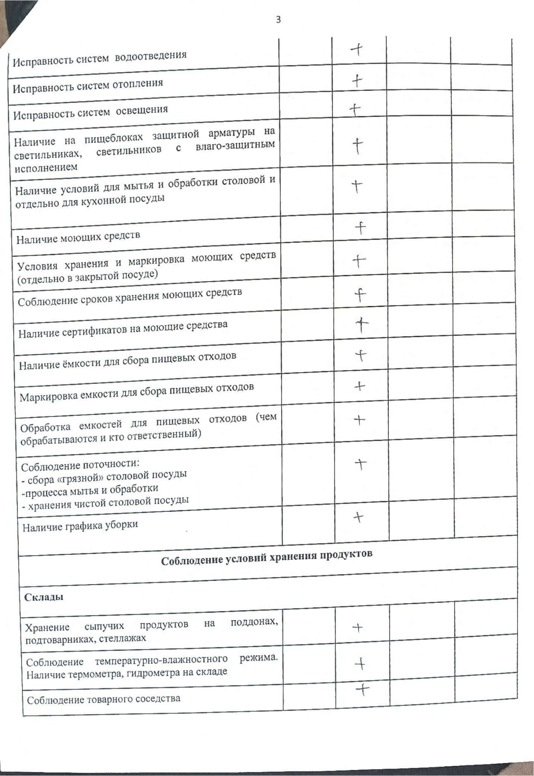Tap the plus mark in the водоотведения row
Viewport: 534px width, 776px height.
357,49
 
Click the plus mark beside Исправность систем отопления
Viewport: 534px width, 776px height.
357,80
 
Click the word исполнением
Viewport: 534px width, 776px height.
46,168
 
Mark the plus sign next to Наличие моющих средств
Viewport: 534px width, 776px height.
360,228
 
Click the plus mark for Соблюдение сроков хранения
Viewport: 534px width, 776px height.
360,296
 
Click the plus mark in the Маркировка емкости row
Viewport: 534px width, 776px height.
359,387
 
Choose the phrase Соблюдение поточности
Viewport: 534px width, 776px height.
80,465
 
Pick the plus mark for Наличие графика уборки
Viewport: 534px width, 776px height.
358,517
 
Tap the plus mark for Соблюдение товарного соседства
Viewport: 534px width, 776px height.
362,690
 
